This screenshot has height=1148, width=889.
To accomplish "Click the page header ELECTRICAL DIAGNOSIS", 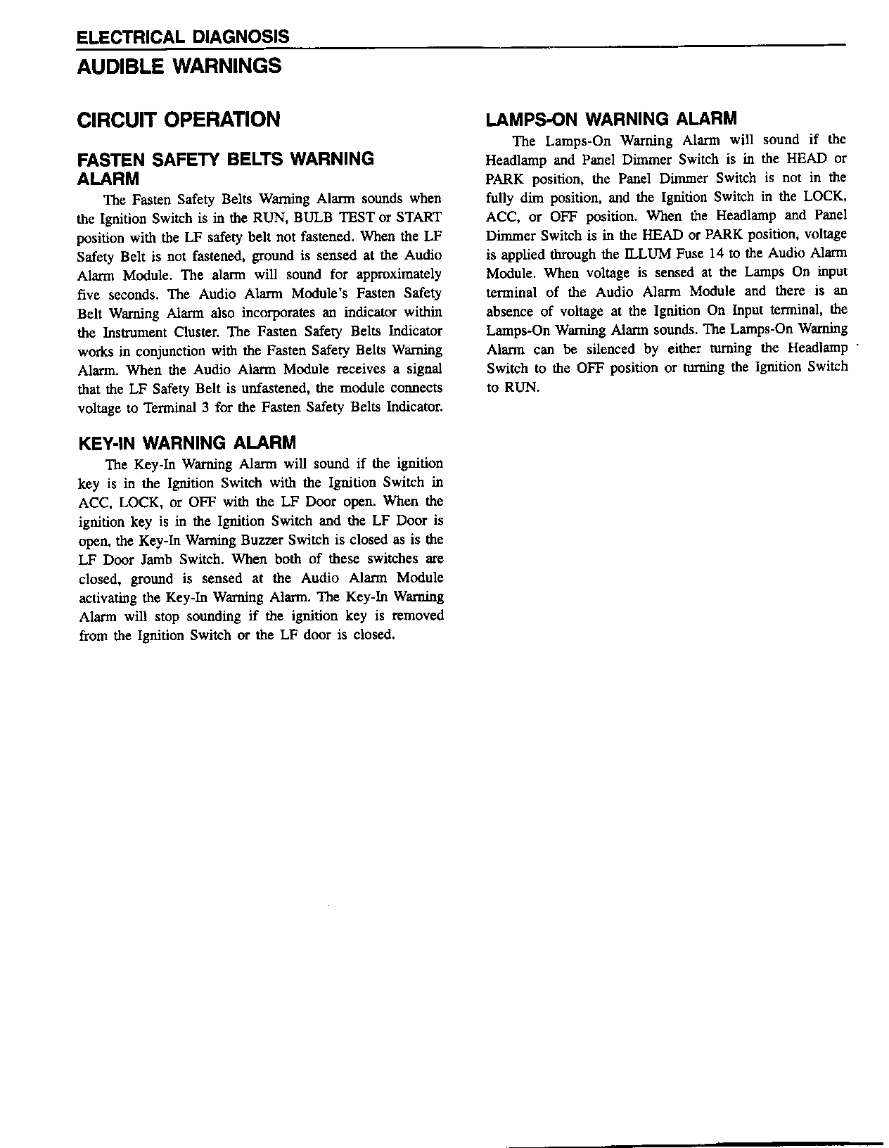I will (x=182, y=37).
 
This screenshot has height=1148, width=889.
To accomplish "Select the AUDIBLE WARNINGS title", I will (x=179, y=67).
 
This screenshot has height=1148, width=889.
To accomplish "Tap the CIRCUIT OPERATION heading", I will (x=179, y=120).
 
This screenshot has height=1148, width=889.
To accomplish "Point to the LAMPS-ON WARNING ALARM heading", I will (x=611, y=119).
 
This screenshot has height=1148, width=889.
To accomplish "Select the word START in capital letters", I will (x=419, y=218).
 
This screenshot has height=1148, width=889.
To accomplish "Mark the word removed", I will (x=418, y=616).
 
